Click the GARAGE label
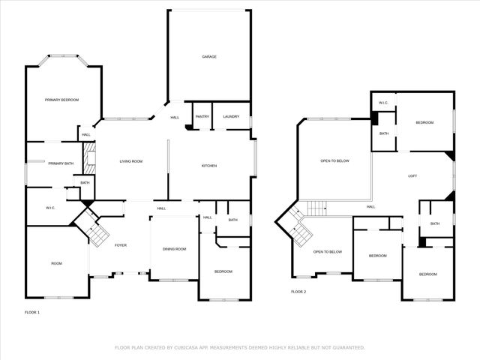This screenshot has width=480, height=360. point(209,56)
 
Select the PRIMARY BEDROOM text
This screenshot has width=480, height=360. point(61,100)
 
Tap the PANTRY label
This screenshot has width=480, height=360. point(202,117)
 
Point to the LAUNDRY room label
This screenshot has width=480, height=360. point(231,117)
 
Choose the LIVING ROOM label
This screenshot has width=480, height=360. point(131,161)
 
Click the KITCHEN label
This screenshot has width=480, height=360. point(208,165)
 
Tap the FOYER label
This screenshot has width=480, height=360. point(120,245)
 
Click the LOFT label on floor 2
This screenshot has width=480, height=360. point(412,176)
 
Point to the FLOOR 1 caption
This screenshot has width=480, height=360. point(32,311)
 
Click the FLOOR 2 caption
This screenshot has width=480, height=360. point(299,291)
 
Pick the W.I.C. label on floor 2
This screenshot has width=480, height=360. point(382,103)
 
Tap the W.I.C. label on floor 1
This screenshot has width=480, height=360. point(51,208)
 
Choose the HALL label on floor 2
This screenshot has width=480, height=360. point(370,207)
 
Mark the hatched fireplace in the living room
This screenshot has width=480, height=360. point(88,157)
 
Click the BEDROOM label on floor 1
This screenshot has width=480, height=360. point(223,271)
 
